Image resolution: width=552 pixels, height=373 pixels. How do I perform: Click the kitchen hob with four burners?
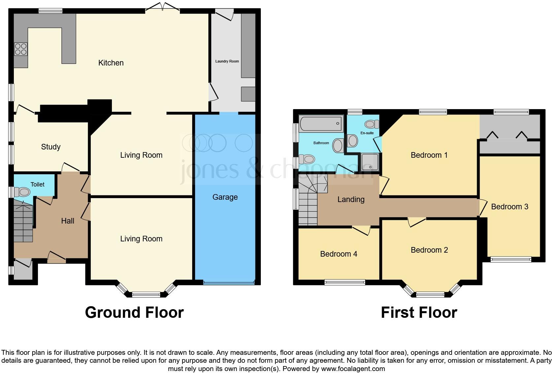pos(20,49)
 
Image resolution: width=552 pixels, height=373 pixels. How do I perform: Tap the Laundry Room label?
pos(227,61)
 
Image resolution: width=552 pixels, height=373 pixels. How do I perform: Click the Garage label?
pos(225,197)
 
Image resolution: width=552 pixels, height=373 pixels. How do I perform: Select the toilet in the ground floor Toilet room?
pos(24,192)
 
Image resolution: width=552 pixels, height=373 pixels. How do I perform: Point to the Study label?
pos(51,147)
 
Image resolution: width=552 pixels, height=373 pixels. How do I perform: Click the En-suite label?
pos(367,133)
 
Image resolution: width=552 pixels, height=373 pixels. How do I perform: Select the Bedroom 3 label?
pos(509,207)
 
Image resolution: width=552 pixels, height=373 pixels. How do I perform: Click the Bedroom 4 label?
pos(338,254)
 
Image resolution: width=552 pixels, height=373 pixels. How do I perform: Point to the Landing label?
pos(351,199)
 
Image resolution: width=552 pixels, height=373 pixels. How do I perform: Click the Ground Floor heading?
pos(134,312)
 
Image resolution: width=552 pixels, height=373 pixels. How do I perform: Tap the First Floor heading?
pos(419,312)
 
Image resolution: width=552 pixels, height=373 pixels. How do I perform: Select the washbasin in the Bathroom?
pos(338,145)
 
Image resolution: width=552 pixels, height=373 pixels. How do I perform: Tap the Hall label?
pos(67,221)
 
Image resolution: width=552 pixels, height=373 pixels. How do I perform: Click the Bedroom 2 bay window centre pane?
pos(430,294)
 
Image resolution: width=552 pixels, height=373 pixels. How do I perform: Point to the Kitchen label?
pos(111,63)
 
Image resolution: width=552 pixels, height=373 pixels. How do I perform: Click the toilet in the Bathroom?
pos(308,159)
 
